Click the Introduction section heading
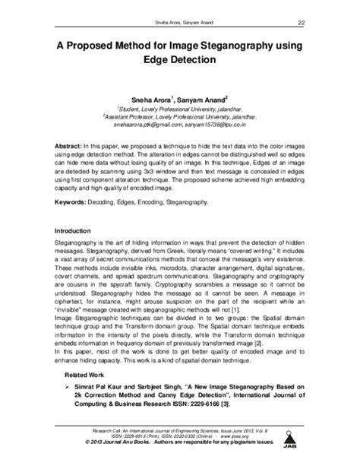click(x=70, y=230)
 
